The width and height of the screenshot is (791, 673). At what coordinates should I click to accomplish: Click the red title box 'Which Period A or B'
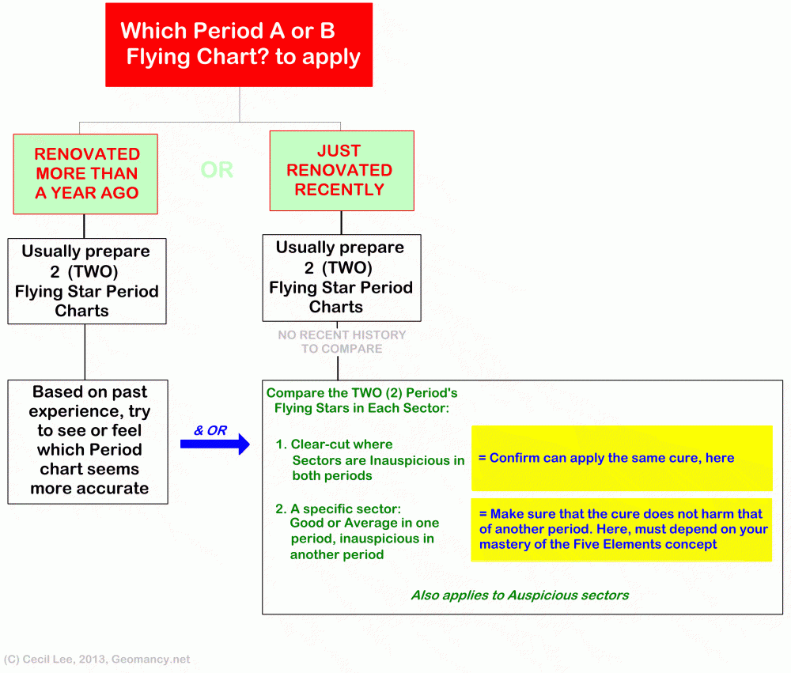click(239, 44)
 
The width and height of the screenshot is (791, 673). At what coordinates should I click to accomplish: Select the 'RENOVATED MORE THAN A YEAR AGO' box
click(85, 173)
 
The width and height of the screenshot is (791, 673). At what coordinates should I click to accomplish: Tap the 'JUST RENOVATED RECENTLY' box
click(340, 170)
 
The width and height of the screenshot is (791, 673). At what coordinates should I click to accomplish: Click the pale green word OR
click(217, 170)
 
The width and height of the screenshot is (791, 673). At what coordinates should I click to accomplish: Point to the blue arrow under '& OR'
click(214, 444)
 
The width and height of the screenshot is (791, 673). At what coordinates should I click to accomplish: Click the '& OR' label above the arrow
click(210, 430)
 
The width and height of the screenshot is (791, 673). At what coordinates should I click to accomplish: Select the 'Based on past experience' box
click(89, 440)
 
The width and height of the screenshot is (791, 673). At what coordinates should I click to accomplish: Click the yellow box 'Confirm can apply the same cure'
click(621, 458)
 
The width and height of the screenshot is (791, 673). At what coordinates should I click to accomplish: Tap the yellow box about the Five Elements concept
click(621, 529)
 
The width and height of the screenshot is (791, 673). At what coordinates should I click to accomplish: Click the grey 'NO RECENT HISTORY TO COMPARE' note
click(342, 342)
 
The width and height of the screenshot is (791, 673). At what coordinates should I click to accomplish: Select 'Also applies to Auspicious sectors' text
click(520, 595)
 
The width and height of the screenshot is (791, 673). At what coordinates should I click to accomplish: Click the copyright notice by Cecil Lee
click(97, 659)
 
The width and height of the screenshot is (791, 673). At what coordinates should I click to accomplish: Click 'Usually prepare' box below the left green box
click(86, 281)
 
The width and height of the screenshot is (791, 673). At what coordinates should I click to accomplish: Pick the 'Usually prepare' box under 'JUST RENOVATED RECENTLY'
click(341, 277)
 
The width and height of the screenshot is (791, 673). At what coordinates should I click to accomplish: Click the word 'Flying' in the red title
click(157, 57)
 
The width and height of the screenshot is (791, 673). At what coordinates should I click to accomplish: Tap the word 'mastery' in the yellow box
click(509, 544)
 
